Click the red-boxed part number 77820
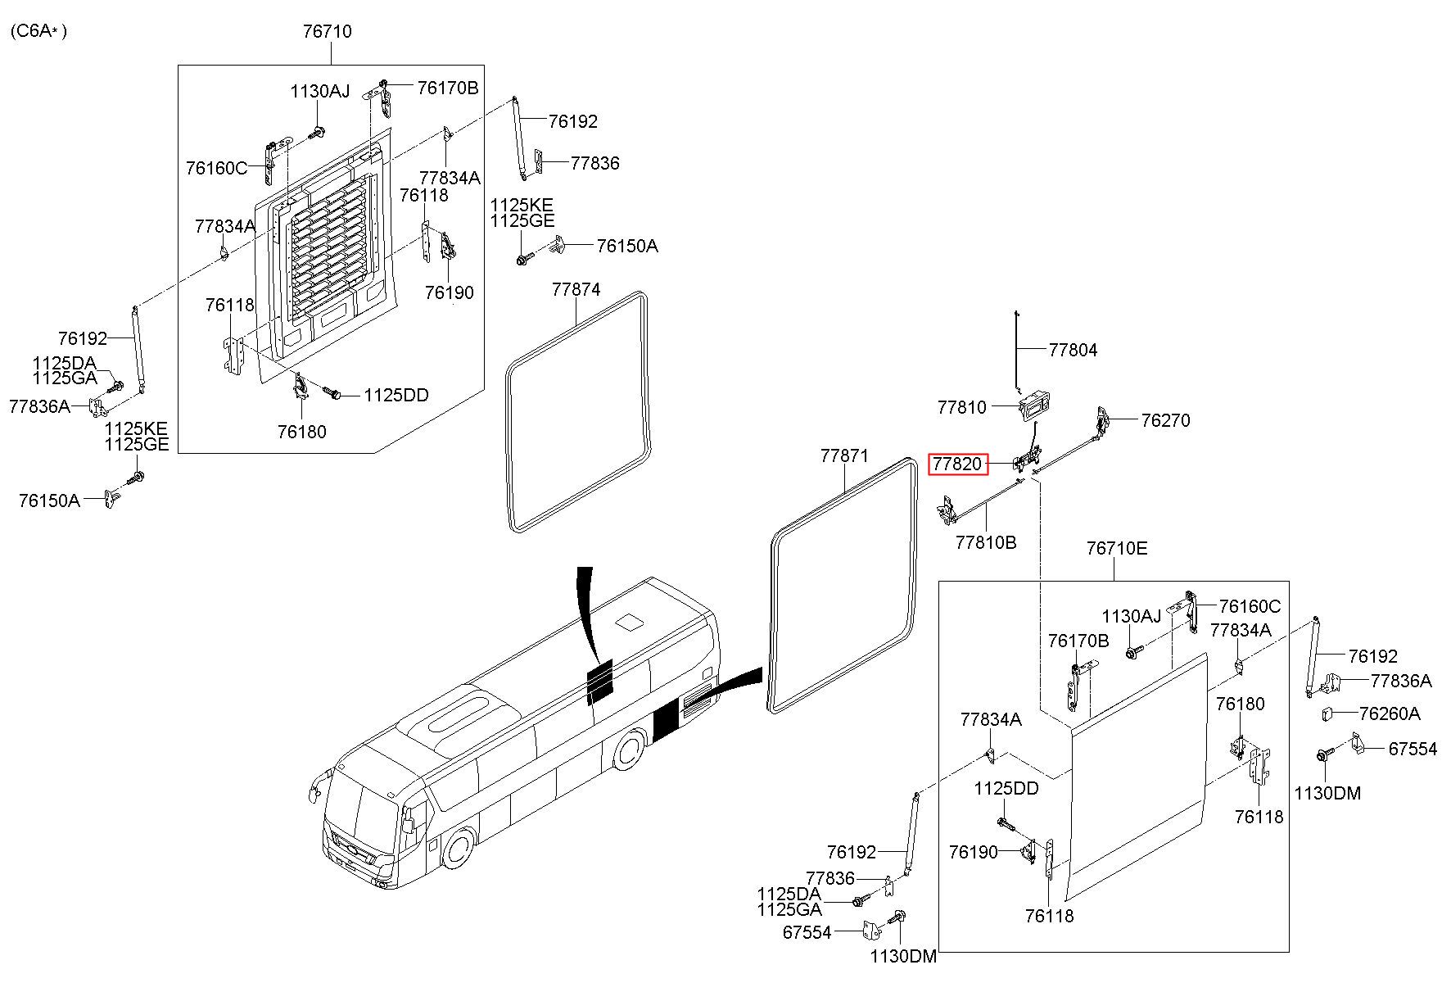click(x=957, y=464)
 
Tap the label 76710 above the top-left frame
click(x=327, y=32)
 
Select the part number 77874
click(x=576, y=290)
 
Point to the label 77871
click(x=844, y=456)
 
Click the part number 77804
click(x=1073, y=351)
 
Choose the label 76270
click(x=1165, y=421)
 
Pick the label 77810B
click(x=986, y=542)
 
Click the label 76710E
click(x=1117, y=549)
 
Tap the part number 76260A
click(x=1389, y=714)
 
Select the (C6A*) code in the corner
click(x=38, y=32)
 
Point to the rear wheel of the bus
click(x=629, y=749)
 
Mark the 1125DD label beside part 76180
click(x=396, y=396)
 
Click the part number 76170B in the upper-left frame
click(x=447, y=88)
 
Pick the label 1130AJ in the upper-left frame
click(x=319, y=92)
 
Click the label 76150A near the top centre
click(x=626, y=247)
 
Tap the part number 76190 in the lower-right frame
click(x=974, y=853)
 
